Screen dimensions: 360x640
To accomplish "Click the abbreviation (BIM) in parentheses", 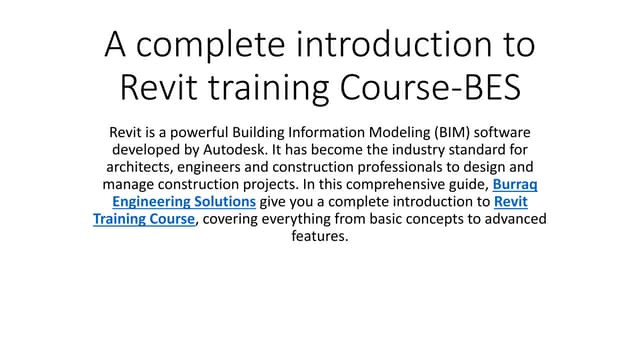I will tap(440, 131).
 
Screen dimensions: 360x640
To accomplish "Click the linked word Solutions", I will tap(218, 203).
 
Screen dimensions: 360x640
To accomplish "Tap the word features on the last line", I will tap(319, 238).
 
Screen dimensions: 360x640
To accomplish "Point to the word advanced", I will tap(508, 220).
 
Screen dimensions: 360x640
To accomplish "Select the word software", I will tap(500, 131).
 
